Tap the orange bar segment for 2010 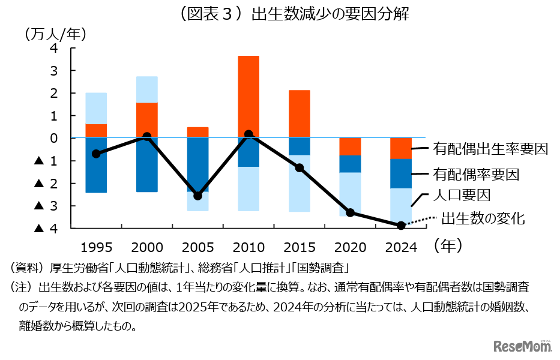point(248,96)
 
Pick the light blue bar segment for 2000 point(147,89)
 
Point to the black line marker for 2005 point(198,196)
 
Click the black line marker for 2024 point(401,225)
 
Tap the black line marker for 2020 point(351,212)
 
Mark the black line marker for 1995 point(96,154)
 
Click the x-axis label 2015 point(299,247)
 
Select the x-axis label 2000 point(147,247)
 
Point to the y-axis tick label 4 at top point(54,49)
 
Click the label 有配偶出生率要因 point(490,150)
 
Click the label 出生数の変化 point(483,218)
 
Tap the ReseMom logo point(522,346)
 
